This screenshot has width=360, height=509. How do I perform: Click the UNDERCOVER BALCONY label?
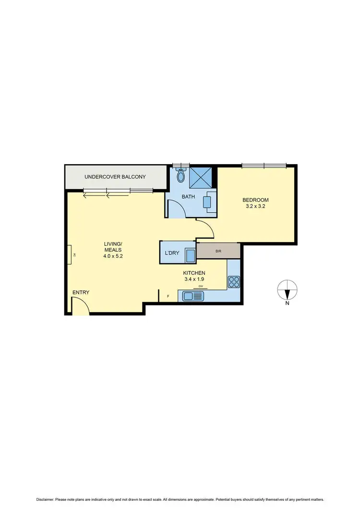tap(115, 177)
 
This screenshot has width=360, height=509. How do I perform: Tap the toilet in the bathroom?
tap(180, 175)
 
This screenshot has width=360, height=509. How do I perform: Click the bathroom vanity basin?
tap(209, 202)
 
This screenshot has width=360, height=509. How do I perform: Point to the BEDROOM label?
tap(255, 200)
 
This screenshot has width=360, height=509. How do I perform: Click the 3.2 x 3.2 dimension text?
tap(255, 207)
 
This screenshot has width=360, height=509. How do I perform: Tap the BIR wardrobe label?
tap(218, 251)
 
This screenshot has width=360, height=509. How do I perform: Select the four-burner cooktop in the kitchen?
tap(234, 282)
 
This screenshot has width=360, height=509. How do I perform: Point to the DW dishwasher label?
tap(201, 287)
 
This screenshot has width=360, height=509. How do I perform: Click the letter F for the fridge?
tap(168, 296)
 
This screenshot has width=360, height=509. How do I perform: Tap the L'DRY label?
tap(172, 253)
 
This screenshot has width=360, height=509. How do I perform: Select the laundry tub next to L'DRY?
tap(191, 255)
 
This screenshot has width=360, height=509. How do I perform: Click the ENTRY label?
tap(81, 292)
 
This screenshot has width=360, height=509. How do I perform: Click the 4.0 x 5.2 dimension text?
tap(113, 256)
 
